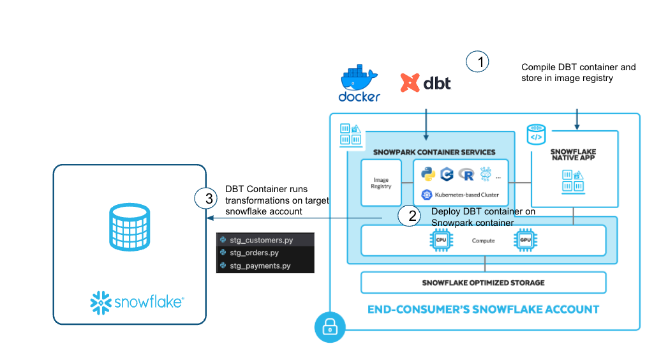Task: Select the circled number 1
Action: (x=477, y=61)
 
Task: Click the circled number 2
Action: (x=412, y=216)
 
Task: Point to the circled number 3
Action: (x=208, y=199)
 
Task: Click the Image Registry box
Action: (x=381, y=183)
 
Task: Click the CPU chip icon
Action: (x=440, y=241)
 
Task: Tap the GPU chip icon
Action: (x=526, y=241)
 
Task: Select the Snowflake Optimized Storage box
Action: (x=483, y=282)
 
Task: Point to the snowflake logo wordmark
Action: (x=137, y=301)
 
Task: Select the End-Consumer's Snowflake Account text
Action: (x=483, y=310)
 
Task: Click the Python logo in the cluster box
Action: (x=427, y=174)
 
